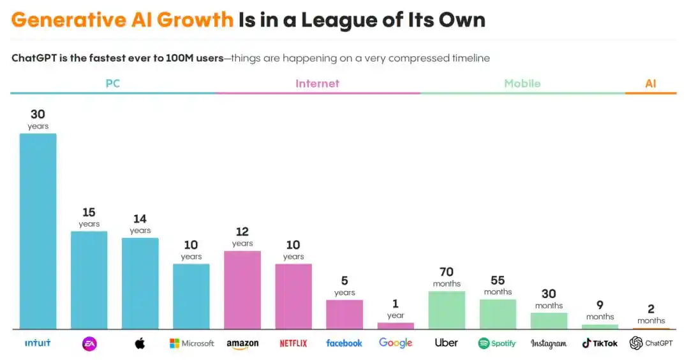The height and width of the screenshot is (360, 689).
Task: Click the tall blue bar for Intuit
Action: (38, 231)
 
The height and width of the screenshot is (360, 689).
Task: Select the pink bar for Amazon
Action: (242, 290)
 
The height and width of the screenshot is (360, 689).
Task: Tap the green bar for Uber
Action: (447, 310)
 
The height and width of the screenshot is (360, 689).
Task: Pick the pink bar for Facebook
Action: (344, 314)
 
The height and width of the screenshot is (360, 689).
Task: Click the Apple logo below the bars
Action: (140, 343)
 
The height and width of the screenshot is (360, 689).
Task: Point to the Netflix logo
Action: (293, 343)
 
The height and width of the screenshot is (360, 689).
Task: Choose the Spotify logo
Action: (497, 343)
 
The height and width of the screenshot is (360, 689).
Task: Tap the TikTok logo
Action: (600, 343)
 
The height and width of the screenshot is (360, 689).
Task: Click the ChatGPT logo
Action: (651, 343)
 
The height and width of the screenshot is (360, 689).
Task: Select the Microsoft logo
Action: (191, 343)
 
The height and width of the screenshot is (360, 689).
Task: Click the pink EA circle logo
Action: (89, 343)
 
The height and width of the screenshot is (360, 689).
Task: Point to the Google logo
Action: (396, 343)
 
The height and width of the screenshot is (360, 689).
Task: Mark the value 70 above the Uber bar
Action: (447, 272)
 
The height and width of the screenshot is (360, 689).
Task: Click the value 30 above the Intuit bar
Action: (38, 114)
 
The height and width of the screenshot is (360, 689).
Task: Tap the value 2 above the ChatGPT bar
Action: (651, 309)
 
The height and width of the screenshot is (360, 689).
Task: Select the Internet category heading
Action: (317, 84)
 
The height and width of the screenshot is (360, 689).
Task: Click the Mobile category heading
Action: (522, 84)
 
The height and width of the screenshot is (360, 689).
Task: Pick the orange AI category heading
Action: (650, 84)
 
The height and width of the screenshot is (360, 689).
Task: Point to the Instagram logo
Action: (549, 343)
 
